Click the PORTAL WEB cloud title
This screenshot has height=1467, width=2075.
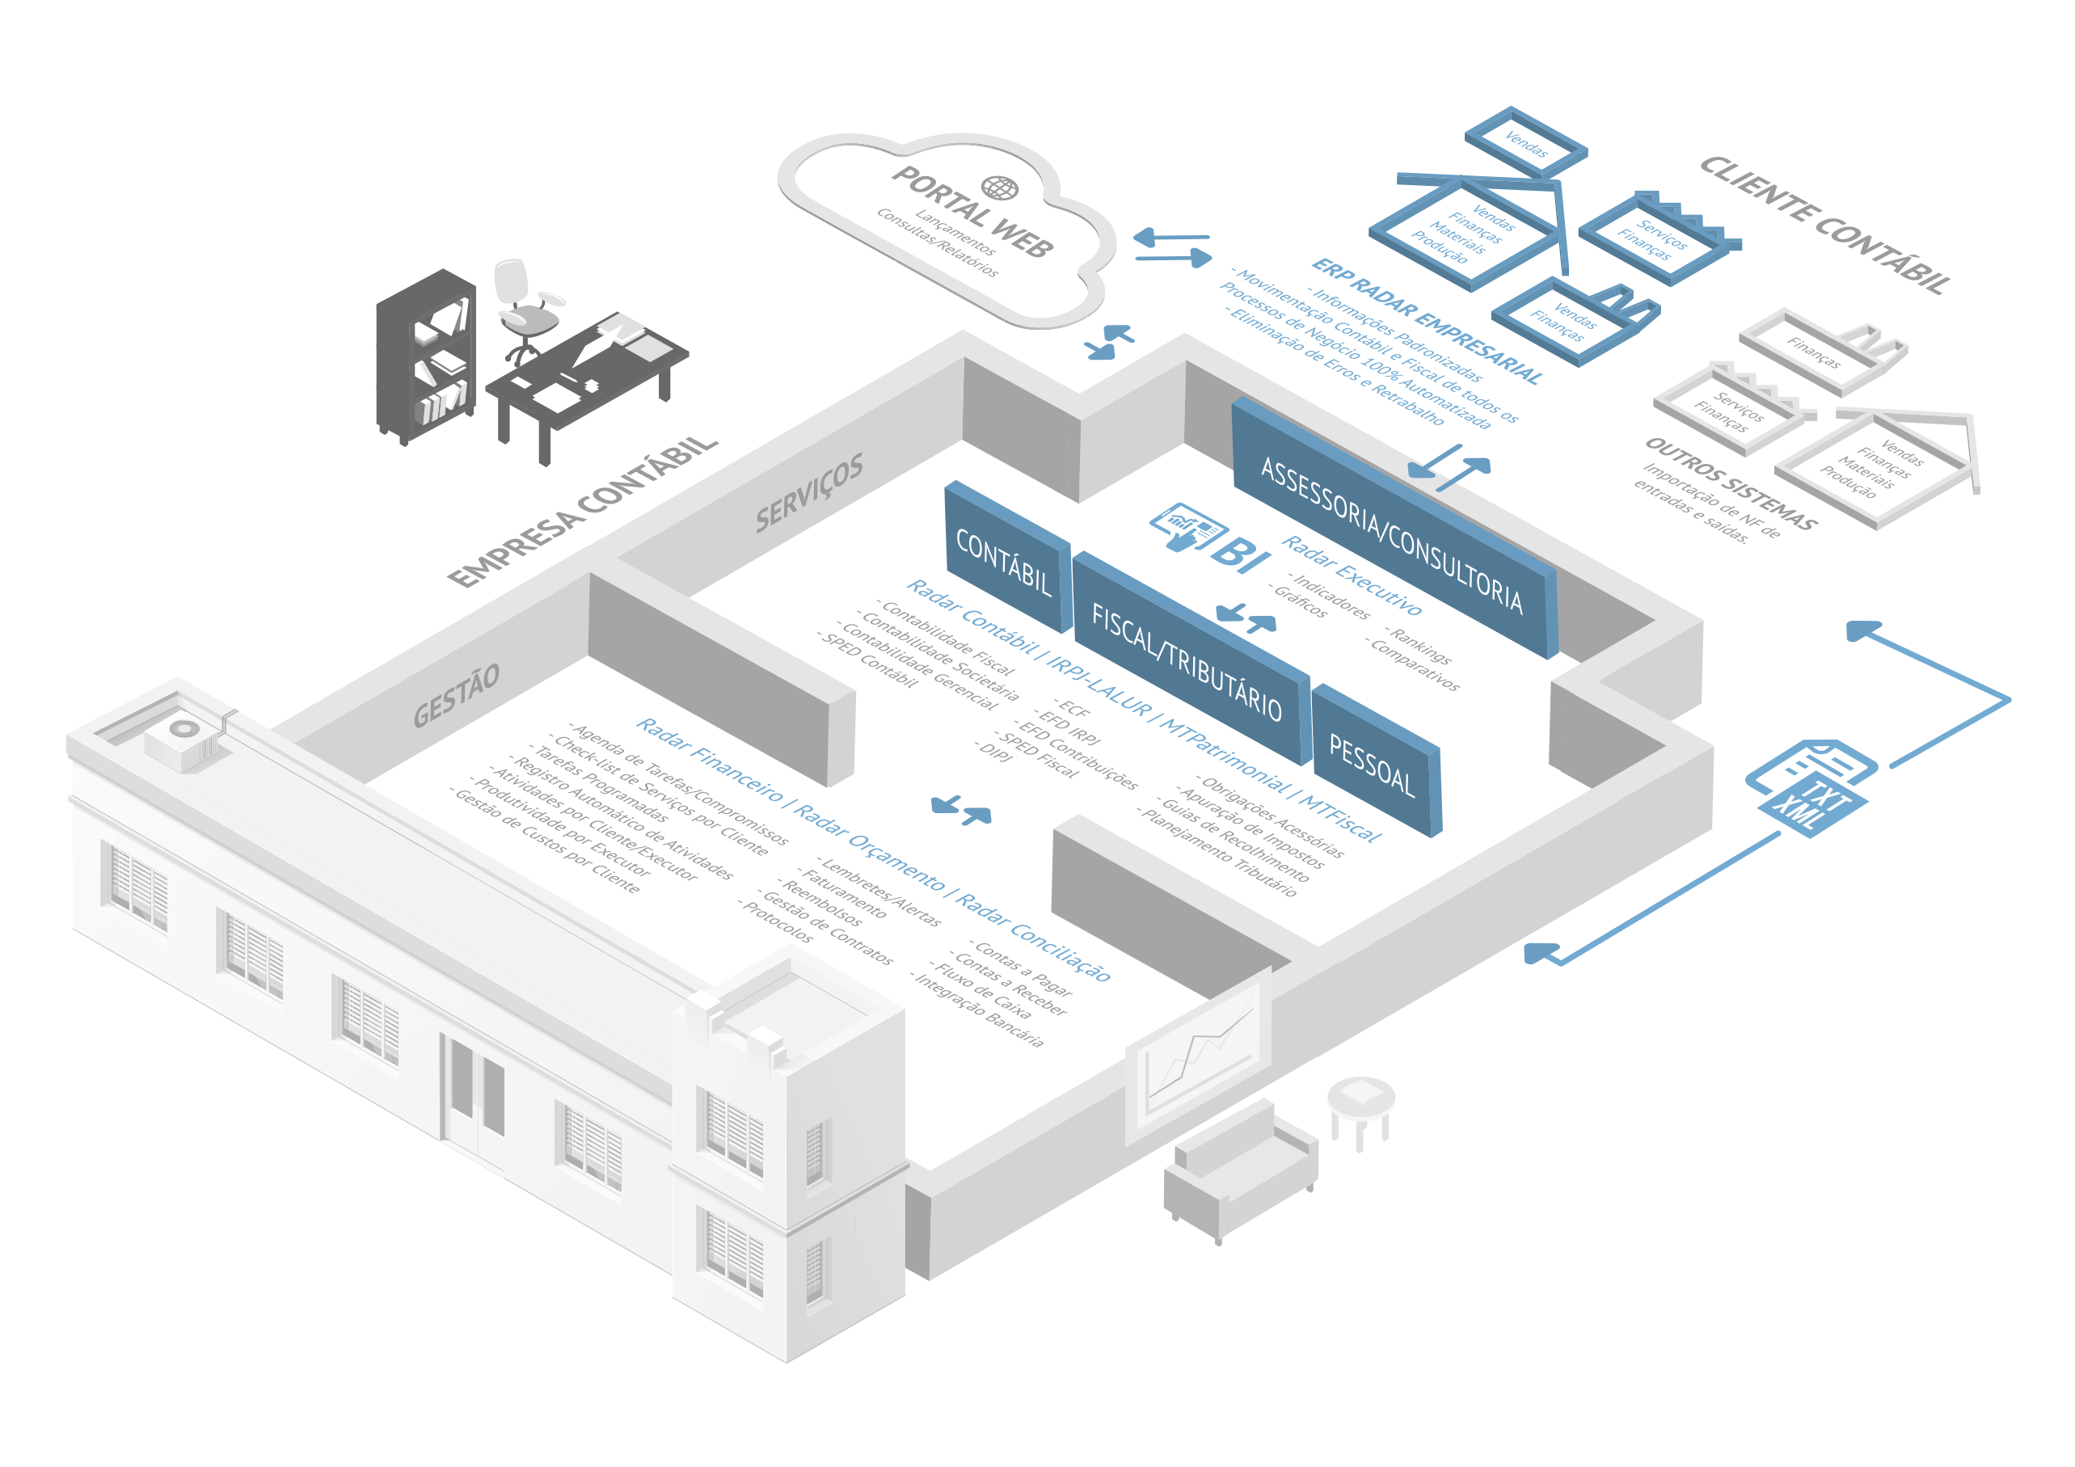[x=972, y=213]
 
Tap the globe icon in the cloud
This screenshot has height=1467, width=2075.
[x=1000, y=188]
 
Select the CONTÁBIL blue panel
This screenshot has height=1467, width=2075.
[x=1005, y=563]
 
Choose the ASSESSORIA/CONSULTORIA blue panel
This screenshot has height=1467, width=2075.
[x=1392, y=533]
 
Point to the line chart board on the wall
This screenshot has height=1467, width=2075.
[x=1200, y=1052]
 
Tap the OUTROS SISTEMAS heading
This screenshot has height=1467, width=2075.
[x=1730, y=483]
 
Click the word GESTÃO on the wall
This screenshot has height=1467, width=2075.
[x=457, y=695]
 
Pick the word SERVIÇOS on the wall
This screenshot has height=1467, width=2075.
[x=809, y=492]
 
